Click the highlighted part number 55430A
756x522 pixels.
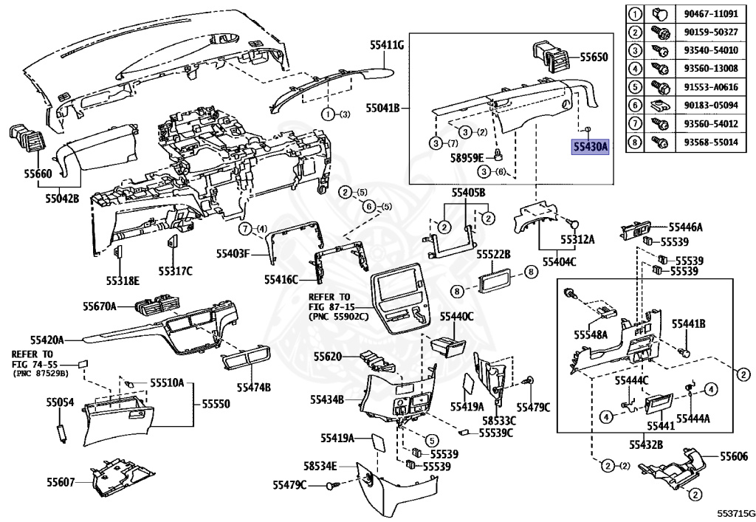click(590, 146)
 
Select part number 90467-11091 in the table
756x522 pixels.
click(711, 13)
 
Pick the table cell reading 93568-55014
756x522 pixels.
click(711, 142)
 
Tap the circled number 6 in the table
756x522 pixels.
click(635, 105)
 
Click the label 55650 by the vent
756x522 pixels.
click(594, 57)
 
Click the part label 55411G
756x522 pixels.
click(387, 45)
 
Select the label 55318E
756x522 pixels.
click(123, 280)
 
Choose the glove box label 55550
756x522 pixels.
click(216, 403)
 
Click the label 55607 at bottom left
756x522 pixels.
click(61, 481)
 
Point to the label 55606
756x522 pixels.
click(734, 456)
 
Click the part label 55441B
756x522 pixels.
click(689, 324)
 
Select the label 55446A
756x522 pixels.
click(685, 227)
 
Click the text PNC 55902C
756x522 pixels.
click(338, 317)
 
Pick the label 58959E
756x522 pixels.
click(467, 157)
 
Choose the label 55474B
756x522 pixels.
click(254, 387)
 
